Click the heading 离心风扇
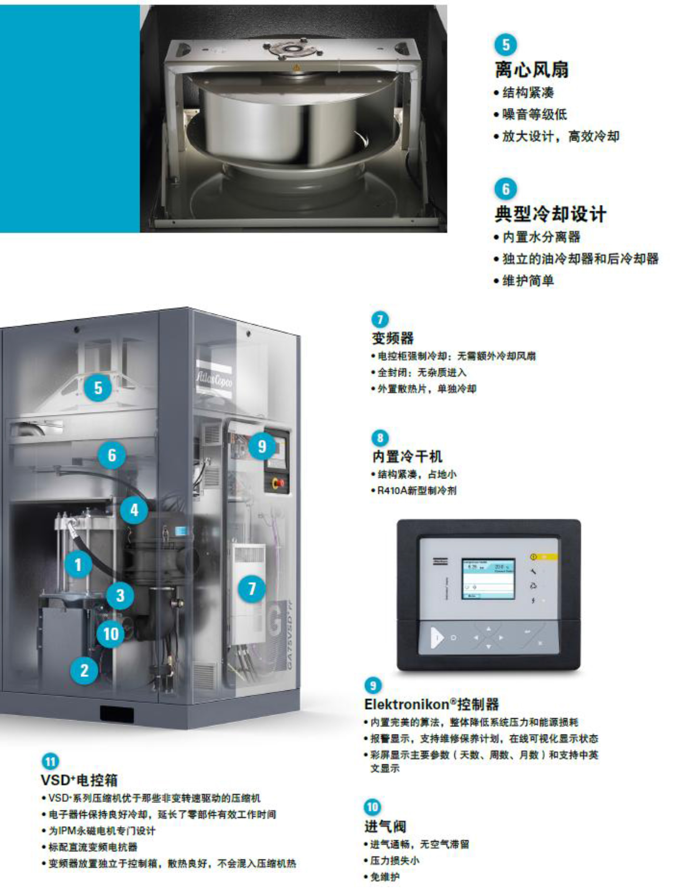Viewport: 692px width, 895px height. click(x=532, y=70)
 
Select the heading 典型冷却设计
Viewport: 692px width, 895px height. click(x=550, y=214)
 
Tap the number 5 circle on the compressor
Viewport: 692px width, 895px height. click(x=98, y=388)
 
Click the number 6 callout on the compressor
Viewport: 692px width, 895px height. click(x=112, y=455)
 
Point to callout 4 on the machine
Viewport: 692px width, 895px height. click(x=134, y=511)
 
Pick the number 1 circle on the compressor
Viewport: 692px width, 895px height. click(x=78, y=565)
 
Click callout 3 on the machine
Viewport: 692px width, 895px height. click(x=120, y=596)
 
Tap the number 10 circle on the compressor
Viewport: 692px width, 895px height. click(x=110, y=634)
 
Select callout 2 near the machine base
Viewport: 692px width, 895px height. click(x=84, y=671)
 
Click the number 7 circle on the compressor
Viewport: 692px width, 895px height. click(x=251, y=589)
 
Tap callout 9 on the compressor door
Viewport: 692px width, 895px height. click(x=262, y=446)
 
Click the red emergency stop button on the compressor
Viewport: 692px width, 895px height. click(x=281, y=484)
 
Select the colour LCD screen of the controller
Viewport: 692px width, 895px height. click(x=488, y=579)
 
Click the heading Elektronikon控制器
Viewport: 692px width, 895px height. click(x=431, y=704)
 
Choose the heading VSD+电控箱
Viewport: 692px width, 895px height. click(x=79, y=780)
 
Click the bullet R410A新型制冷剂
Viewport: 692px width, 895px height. click(x=416, y=490)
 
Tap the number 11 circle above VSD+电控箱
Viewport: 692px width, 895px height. click(x=50, y=761)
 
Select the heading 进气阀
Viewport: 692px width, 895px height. click(x=385, y=826)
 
